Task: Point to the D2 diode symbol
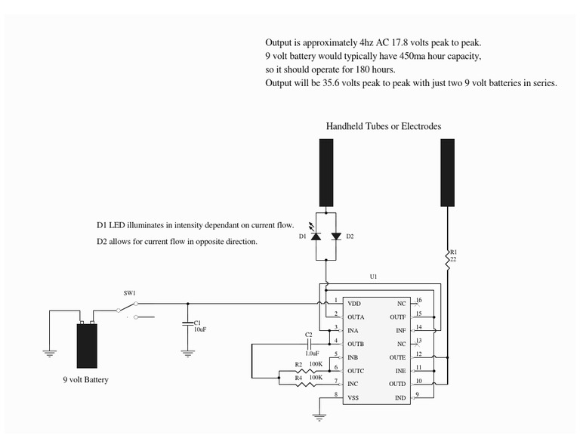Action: (335, 236)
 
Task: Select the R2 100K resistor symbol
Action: (299, 372)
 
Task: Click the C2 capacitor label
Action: (309, 334)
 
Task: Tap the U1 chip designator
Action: (373, 277)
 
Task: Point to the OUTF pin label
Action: (397, 317)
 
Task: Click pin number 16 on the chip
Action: (418, 300)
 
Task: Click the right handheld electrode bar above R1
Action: (446, 172)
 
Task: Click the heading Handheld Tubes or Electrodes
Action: (383, 126)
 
